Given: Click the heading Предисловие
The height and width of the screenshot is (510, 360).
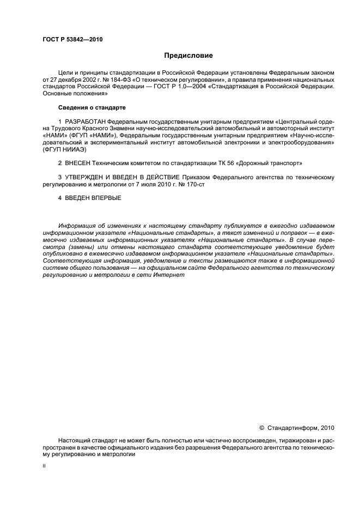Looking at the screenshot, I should coord(188,56).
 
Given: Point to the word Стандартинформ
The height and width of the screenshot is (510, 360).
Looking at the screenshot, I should coord(291,428).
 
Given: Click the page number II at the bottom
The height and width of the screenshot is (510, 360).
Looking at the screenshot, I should coord(44,467).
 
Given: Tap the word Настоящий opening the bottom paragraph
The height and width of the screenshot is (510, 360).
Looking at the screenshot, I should coord(75,440).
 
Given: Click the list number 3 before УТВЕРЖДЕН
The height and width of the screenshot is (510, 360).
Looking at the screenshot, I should coord(60,178).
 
